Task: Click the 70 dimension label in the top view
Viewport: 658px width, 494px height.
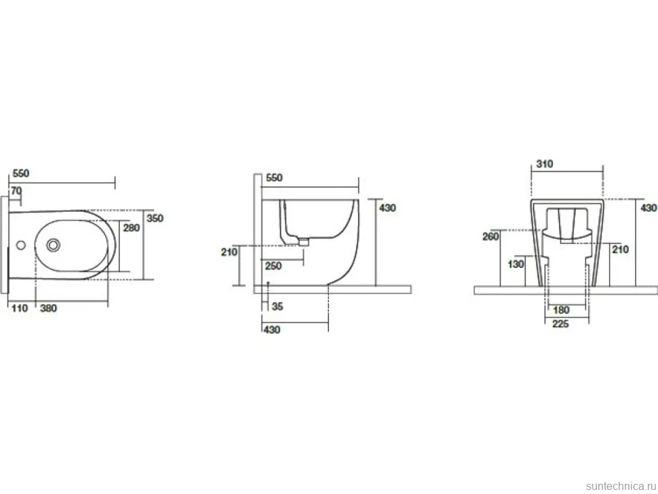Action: click(16, 191)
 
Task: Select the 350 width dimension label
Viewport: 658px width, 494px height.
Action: click(155, 218)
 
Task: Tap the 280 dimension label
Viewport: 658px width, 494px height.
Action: click(132, 228)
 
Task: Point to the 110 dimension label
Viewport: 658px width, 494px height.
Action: click(20, 308)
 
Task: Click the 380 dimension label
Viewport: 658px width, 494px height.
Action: click(48, 308)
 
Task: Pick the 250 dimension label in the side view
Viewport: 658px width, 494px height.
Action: click(273, 266)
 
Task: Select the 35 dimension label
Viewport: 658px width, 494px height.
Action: click(277, 307)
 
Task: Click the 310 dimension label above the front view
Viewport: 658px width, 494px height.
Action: click(545, 164)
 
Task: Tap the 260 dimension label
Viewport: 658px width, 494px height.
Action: click(490, 236)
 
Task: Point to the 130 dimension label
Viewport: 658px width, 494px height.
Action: click(516, 264)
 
